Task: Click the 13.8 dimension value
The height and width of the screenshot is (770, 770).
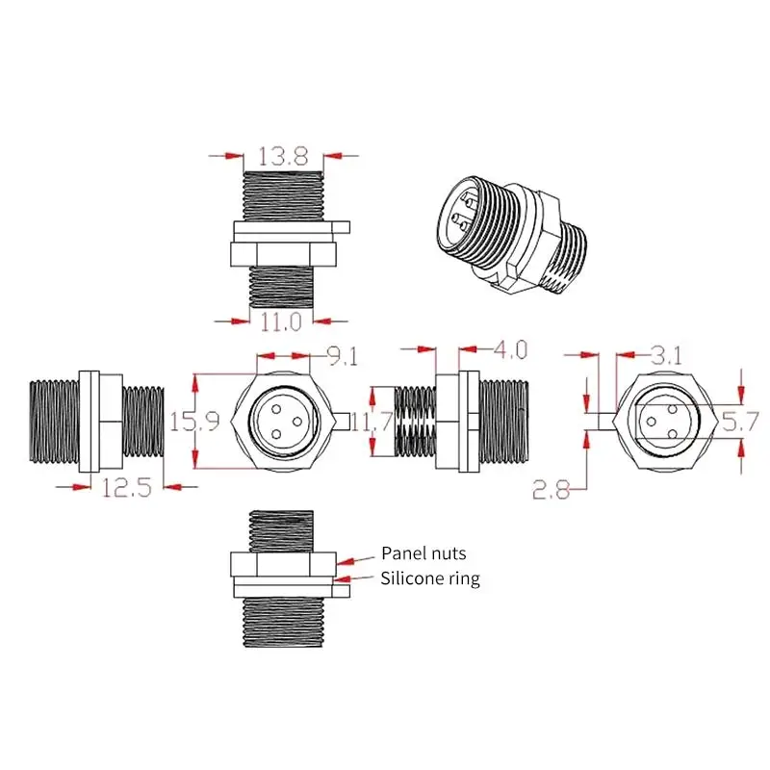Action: point(282,154)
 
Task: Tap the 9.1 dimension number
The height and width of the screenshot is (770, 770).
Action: point(341,356)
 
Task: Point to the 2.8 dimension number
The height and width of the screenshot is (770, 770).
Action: point(552,491)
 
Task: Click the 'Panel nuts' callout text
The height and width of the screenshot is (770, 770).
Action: point(423,552)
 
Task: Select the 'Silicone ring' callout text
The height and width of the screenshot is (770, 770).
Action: point(430,578)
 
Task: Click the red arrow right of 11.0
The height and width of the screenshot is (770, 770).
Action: point(331,321)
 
